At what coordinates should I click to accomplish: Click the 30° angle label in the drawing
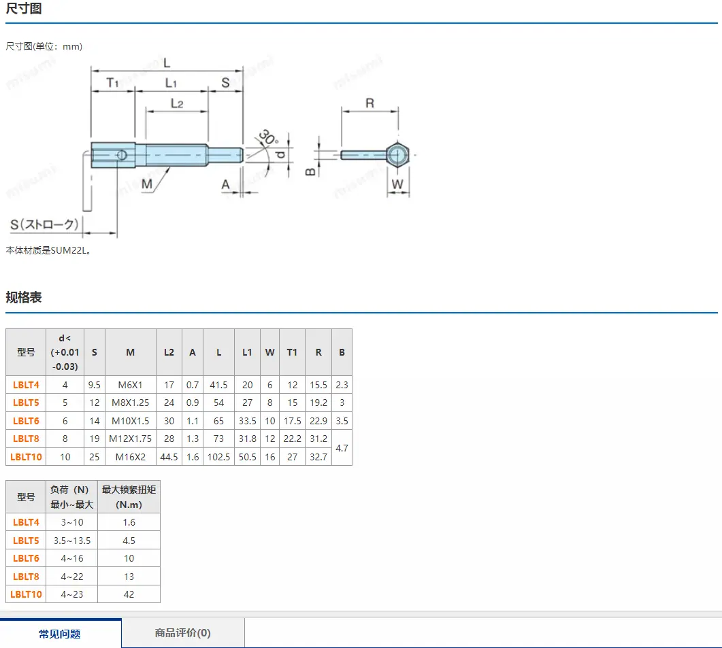[268, 137]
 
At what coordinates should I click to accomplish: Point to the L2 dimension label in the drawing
[177, 103]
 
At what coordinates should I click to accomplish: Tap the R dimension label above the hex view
[370, 103]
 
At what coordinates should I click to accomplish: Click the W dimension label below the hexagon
[397, 184]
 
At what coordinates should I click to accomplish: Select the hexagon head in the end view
[397, 154]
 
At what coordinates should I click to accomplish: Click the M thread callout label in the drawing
[147, 184]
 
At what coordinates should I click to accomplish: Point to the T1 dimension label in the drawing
[112, 82]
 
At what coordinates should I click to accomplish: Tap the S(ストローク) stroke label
[44, 224]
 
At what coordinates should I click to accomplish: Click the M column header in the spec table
[130, 352]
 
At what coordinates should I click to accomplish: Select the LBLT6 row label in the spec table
[26, 421]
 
